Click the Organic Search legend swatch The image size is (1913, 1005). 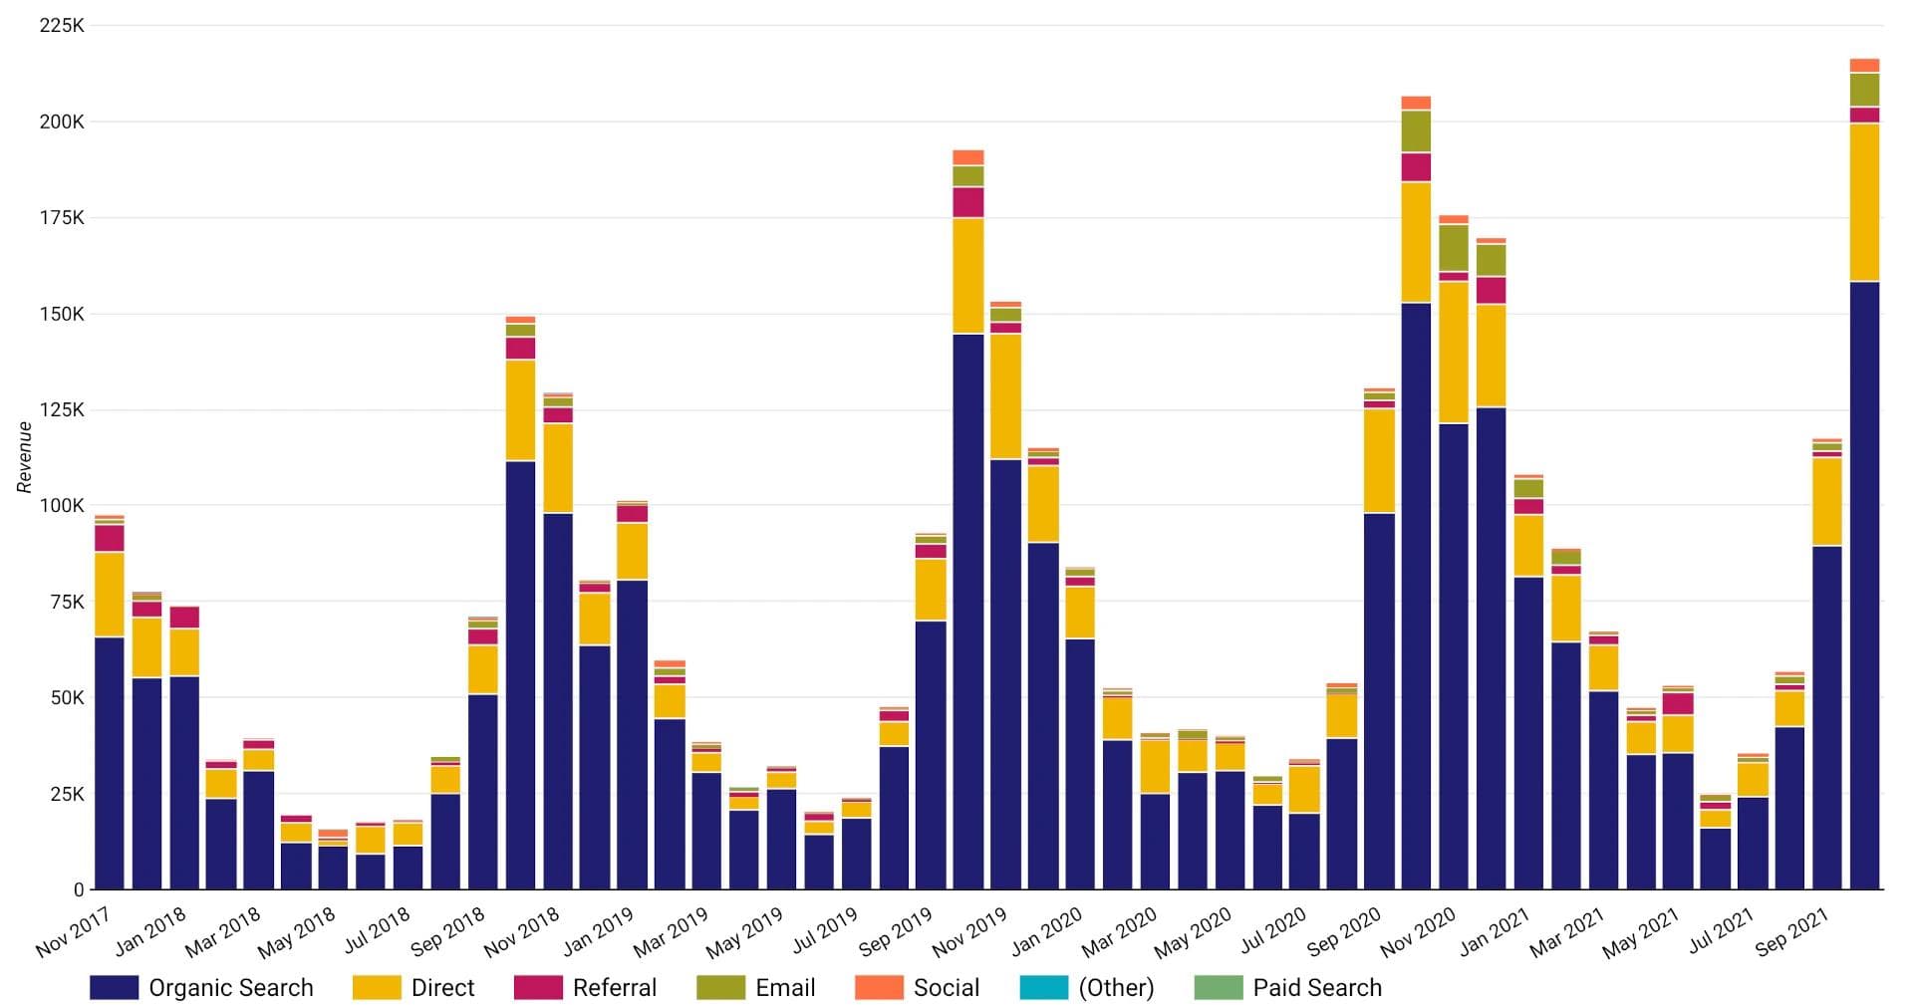point(114,987)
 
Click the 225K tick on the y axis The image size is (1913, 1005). point(62,26)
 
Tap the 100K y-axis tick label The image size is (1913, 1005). point(62,506)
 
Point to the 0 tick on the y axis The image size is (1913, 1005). point(79,889)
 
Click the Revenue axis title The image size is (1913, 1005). point(25,457)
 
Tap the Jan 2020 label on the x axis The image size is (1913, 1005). point(1046,931)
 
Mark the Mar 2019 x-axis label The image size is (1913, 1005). point(672,931)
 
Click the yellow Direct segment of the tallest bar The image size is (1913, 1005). point(1864,202)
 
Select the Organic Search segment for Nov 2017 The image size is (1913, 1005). point(110,762)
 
